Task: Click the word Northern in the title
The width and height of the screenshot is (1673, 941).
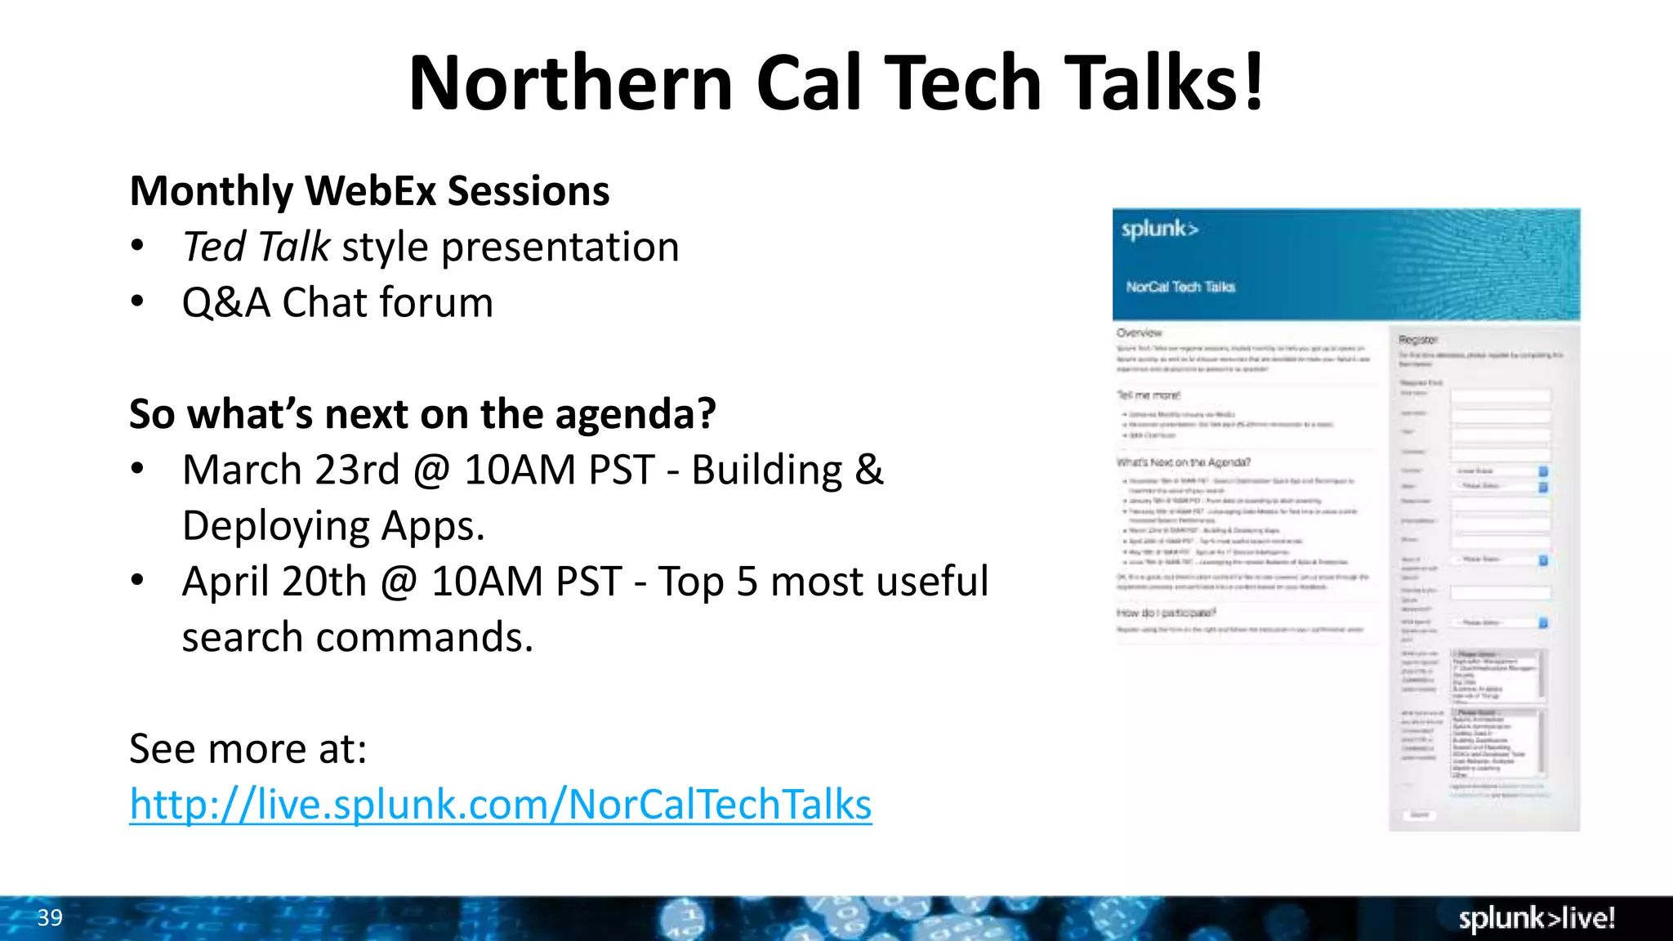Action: coord(570,83)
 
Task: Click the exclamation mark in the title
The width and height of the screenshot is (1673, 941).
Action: coord(1254,83)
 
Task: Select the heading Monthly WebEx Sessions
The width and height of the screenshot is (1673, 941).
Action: coord(369,191)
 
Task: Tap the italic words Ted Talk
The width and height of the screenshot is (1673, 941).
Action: coord(256,247)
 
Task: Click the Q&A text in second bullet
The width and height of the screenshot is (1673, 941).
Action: coord(225,303)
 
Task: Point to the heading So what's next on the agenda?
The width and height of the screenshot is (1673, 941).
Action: coord(422,414)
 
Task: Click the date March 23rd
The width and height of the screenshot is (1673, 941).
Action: coord(291,470)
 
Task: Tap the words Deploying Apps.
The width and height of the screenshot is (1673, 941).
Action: coord(333,526)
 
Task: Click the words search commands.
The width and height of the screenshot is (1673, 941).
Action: coord(357,637)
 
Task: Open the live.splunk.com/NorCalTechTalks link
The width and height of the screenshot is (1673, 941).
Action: coord(500,805)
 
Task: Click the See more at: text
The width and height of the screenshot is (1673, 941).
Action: coord(248,748)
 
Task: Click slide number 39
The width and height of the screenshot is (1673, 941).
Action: coord(50,918)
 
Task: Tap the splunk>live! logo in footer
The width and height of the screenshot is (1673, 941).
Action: coord(1537,919)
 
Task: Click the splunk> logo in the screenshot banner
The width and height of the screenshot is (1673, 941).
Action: coord(1159,229)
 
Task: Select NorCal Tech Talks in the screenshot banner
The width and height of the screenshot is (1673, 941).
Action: coord(1180,287)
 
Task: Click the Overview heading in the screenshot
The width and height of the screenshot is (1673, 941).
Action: coord(1139,332)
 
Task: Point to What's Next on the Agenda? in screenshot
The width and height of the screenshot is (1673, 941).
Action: coord(1184,462)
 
